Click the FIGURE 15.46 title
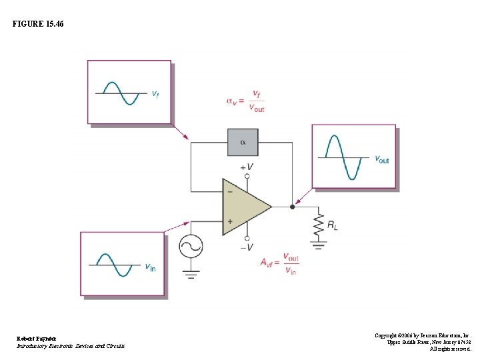pyautogui.click(x=38, y=24)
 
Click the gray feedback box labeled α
pyautogui.click(x=243, y=142)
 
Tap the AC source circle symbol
pyautogui.click(x=191, y=247)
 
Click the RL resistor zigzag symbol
pyautogui.click(x=318, y=225)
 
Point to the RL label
pyautogui.click(x=332, y=226)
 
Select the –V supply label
pyautogui.click(x=246, y=247)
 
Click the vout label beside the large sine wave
pyautogui.click(x=382, y=159)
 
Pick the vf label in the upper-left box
pyautogui.click(x=155, y=94)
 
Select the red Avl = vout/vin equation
pyautogui.click(x=280, y=263)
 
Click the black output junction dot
pyautogui.click(x=292, y=207)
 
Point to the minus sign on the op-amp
pyautogui.click(x=230, y=192)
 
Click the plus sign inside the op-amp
pyautogui.click(x=230, y=221)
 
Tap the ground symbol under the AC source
pyautogui.click(x=191, y=272)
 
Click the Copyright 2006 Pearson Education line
pyautogui.click(x=423, y=335)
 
